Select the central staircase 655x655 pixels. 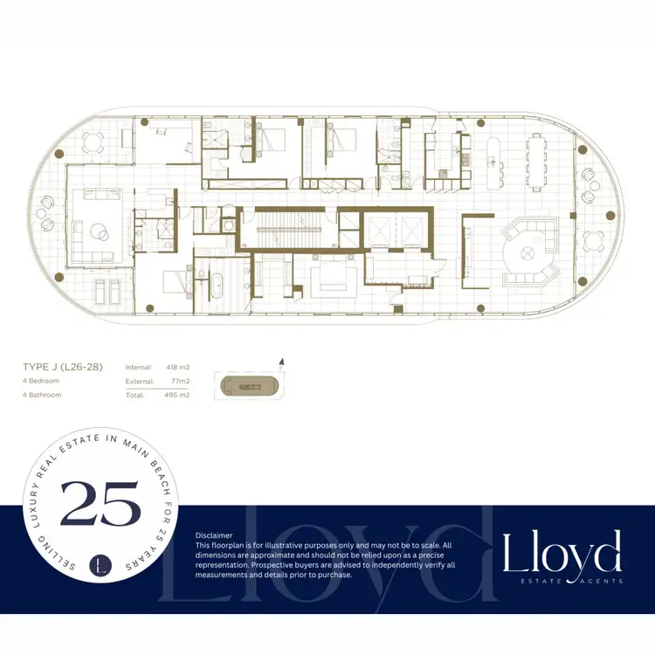pos(291,231)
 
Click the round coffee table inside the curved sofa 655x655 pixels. pos(527,252)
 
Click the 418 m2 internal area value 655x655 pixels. pos(177,368)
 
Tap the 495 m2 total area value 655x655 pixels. pos(177,396)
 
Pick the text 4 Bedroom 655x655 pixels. pos(41,382)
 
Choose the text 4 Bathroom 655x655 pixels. pos(42,395)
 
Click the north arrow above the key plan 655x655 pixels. pos(280,360)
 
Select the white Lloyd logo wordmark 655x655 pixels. pos(562,551)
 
